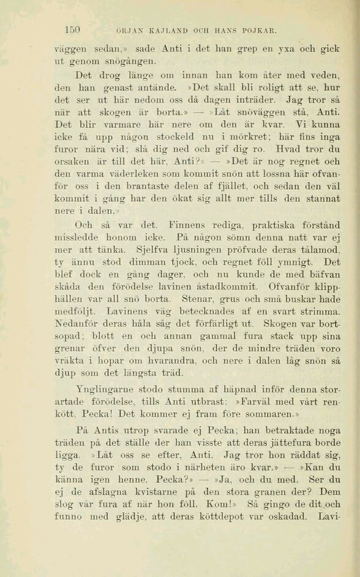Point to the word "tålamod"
pos(317,249)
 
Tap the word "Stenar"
pos(198,299)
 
